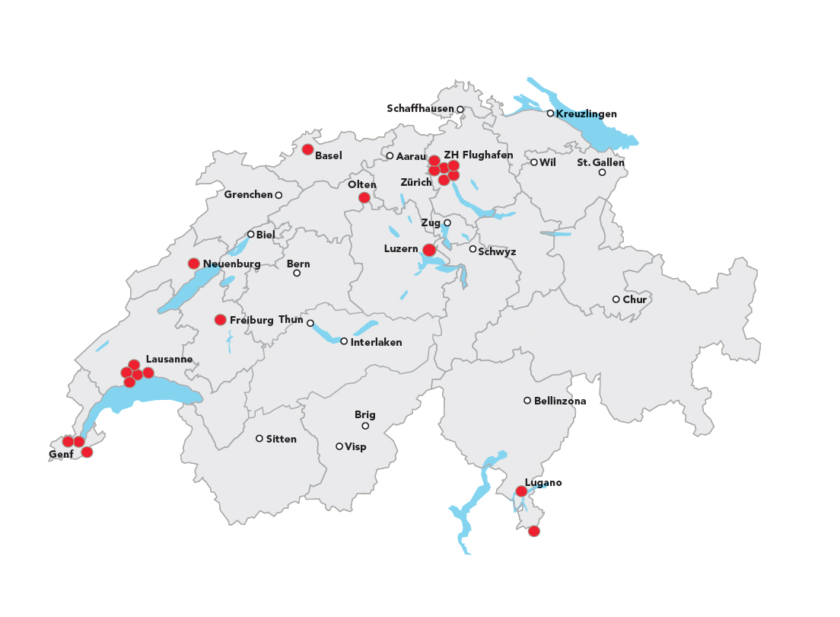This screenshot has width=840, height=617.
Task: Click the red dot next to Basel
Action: pyautogui.click(x=307, y=149)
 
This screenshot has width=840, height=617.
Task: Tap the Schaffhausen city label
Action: pyautogui.click(x=420, y=109)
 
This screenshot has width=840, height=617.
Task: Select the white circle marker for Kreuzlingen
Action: pyautogui.click(x=550, y=113)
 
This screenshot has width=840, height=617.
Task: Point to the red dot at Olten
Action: pyautogui.click(x=364, y=198)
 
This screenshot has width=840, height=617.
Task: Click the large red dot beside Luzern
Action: pyautogui.click(x=429, y=250)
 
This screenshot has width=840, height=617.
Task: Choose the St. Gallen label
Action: pyautogui.click(x=600, y=162)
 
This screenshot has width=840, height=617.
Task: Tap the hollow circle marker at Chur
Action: pyautogui.click(x=616, y=299)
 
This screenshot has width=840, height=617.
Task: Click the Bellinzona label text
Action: pyautogui.click(x=560, y=401)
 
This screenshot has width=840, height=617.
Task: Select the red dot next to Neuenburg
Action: pyautogui.click(x=194, y=264)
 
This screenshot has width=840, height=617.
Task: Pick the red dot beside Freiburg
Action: pyautogui.click(x=221, y=320)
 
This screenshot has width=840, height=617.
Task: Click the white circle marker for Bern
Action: pyautogui.click(x=297, y=273)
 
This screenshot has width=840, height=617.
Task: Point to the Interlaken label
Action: pyautogui.click(x=376, y=343)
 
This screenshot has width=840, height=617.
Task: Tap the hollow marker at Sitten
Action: pyautogui.click(x=259, y=439)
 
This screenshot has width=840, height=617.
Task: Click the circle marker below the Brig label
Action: pyautogui.click(x=365, y=426)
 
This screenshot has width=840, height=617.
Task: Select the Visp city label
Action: pyautogui.click(x=355, y=447)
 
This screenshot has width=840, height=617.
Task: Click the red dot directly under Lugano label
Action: pyautogui.click(x=521, y=491)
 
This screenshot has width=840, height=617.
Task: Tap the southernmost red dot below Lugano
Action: pyautogui.click(x=534, y=531)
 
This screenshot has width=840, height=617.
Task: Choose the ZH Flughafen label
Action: pyautogui.click(x=478, y=155)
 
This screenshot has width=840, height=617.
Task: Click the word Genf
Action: pyautogui.click(x=61, y=455)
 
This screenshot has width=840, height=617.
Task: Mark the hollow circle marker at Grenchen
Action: pyautogui.click(x=278, y=196)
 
